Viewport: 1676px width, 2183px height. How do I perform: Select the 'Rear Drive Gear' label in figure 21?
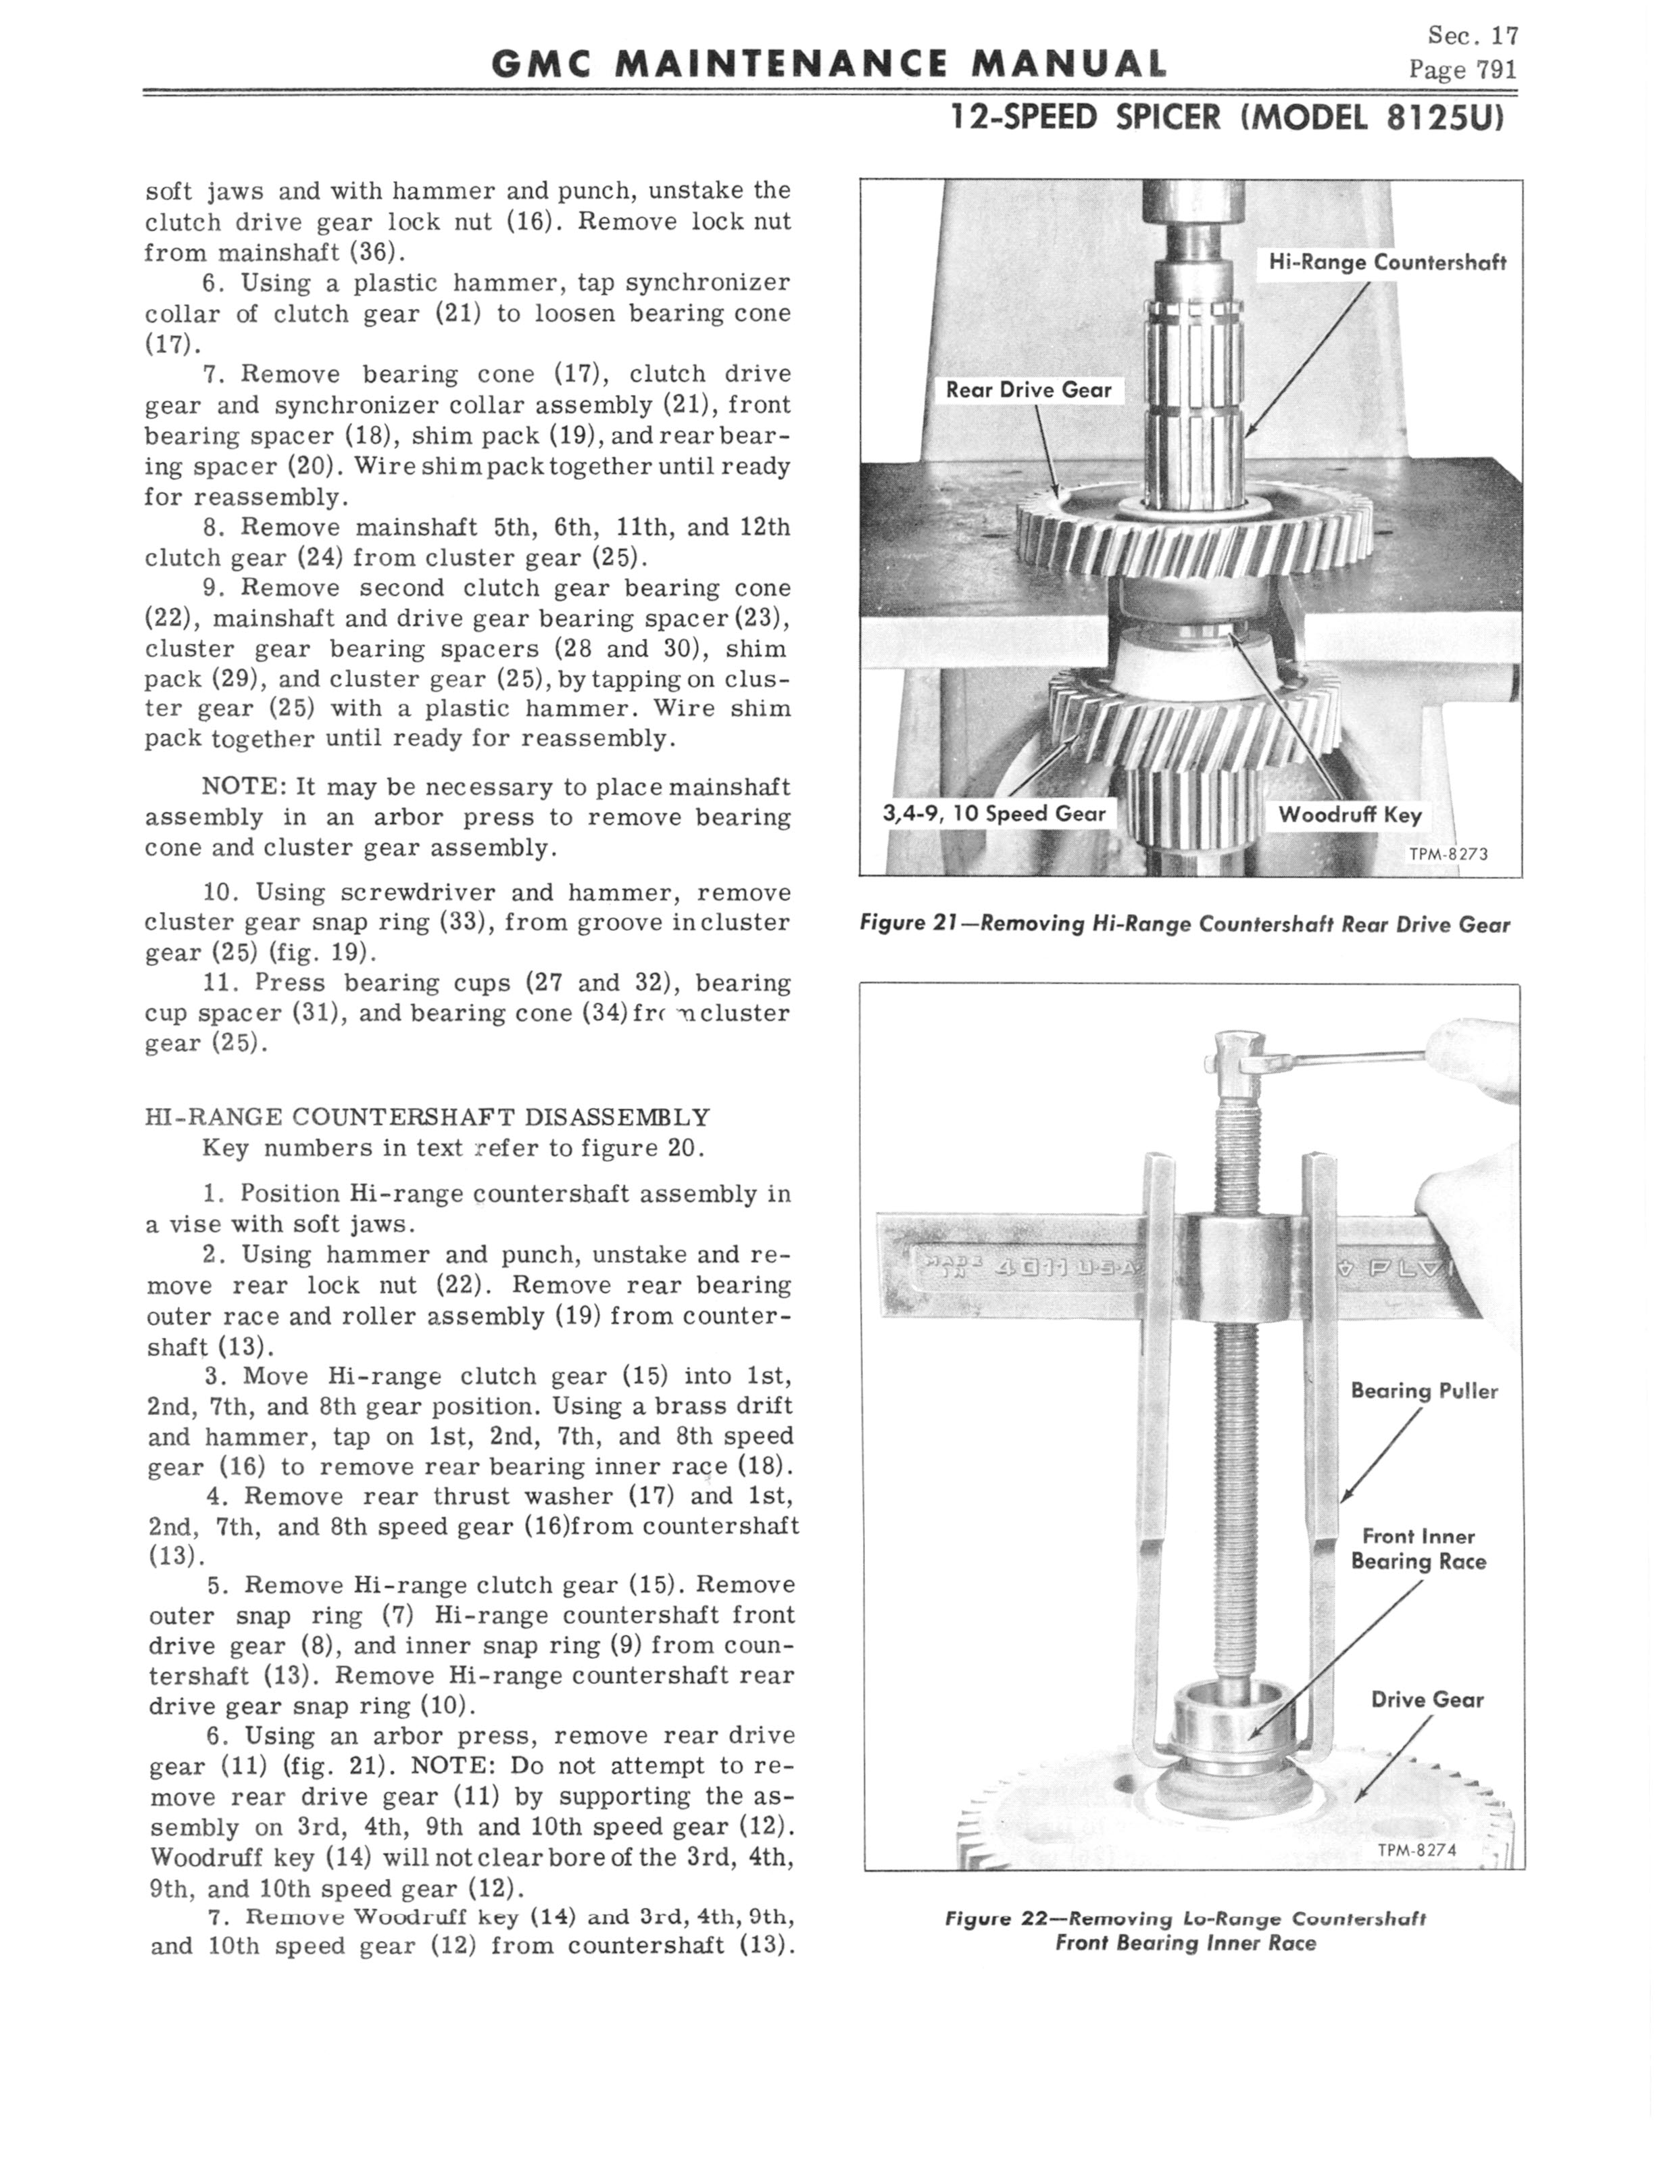pyautogui.click(x=1029, y=390)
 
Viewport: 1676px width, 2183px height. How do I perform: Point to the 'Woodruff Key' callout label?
pyautogui.click(x=1350, y=814)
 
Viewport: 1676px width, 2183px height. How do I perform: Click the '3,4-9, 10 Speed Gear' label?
pyautogui.click(x=995, y=813)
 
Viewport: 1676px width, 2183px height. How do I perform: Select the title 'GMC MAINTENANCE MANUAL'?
pyautogui.click(x=829, y=65)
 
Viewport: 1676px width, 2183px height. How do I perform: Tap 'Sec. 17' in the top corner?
pyautogui.click(x=1473, y=36)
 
